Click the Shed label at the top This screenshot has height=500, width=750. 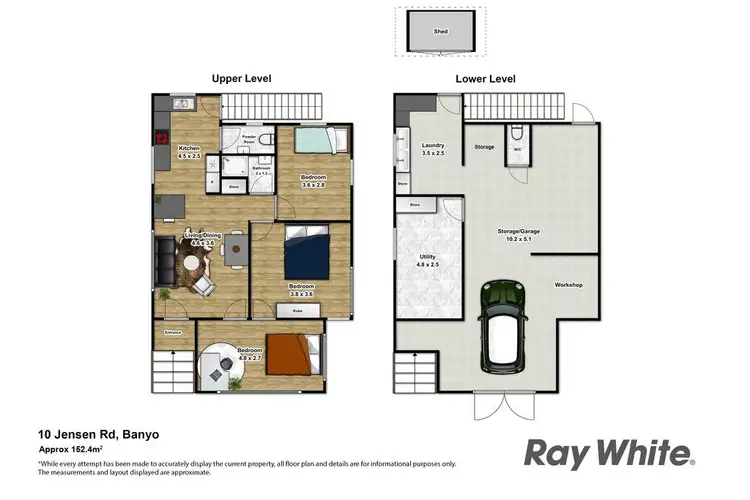point(440,32)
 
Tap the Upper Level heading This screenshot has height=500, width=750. point(241,78)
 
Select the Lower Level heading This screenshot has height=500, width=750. point(485,78)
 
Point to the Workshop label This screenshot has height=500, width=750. point(569,285)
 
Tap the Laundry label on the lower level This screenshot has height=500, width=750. point(432,148)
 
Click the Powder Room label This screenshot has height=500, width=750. point(249,139)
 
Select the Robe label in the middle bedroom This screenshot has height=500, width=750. point(297,312)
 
